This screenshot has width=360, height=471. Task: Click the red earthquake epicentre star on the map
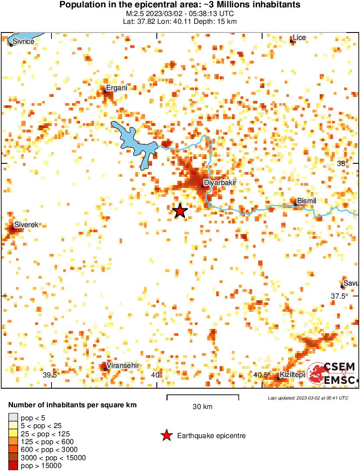(180, 211)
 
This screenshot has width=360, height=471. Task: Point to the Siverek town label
(26, 225)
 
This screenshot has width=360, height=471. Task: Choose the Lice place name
(299, 38)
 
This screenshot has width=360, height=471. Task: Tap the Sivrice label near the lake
(23, 41)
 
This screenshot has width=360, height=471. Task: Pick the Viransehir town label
(123, 366)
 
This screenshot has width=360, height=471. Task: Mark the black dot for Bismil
(295, 205)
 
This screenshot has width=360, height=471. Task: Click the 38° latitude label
(343, 164)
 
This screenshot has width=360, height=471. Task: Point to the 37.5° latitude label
(340, 296)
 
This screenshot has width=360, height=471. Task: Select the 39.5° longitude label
(51, 375)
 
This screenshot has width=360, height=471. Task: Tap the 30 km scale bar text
(202, 406)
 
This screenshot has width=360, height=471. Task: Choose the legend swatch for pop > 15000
(13, 466)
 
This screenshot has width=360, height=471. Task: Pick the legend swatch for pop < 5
(13, 418)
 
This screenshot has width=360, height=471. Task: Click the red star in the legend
(166, 436)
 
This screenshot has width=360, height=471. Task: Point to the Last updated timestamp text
(308, 398)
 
